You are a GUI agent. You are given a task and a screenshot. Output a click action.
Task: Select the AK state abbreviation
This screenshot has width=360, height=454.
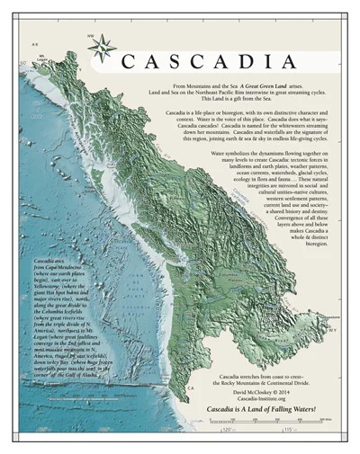pyautogui.click(x=33, y=43)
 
